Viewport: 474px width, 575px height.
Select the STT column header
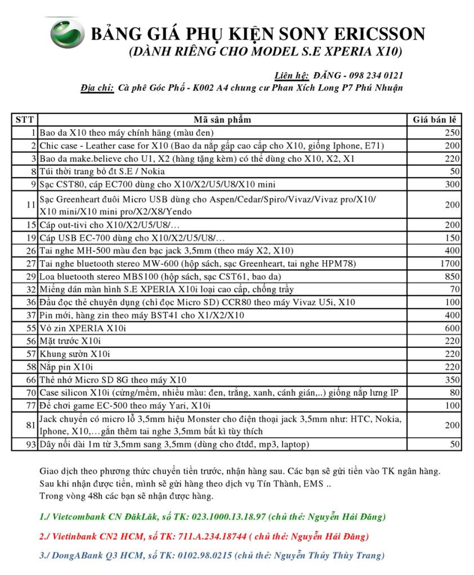tap(25, 119)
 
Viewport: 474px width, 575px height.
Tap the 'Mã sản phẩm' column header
tap(222, 119)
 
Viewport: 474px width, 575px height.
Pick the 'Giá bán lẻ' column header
tap(434, 119)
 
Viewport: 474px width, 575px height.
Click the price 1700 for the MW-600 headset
tap(450, 263)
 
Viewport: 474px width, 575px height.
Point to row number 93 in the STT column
tap(30, 444)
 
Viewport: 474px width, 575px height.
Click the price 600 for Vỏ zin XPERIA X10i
tap(453, 328)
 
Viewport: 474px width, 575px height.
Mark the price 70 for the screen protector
tap(455, 289)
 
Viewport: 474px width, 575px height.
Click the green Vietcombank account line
tap(213, 516)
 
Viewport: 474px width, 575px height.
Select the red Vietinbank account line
tap(212, 536)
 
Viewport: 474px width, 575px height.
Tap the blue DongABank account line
tap(212, 555)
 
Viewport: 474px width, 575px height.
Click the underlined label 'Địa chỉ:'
tap(97, 88)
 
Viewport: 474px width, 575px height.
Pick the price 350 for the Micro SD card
tap(453, 379)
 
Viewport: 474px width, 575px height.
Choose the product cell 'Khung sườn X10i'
tap(74, 354)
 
